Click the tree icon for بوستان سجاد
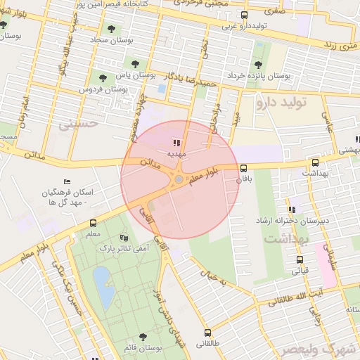111,29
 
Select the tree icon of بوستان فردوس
103,78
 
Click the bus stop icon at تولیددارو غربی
244,15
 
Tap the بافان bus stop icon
244,168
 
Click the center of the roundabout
179,180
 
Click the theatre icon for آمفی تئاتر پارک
124,238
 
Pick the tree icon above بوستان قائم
143,337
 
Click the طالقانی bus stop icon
207,333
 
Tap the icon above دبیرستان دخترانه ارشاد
291,209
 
